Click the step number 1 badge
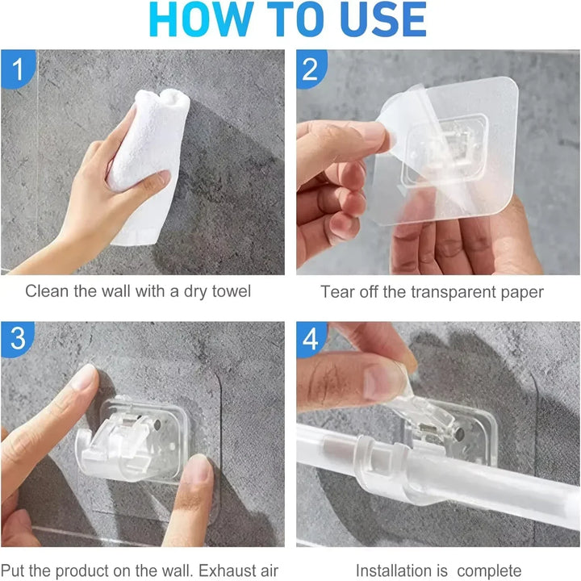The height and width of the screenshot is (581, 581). [18, 69]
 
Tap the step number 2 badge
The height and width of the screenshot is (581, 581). [311, 69]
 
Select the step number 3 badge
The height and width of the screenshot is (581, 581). [17, 338]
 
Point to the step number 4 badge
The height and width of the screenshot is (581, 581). [311, 338]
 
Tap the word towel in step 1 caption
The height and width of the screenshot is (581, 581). [232, 290]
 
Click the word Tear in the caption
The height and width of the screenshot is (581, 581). [337, 291]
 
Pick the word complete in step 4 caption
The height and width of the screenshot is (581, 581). [489, 571]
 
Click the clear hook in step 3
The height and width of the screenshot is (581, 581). [133, 439]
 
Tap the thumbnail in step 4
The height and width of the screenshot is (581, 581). [383, 382]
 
